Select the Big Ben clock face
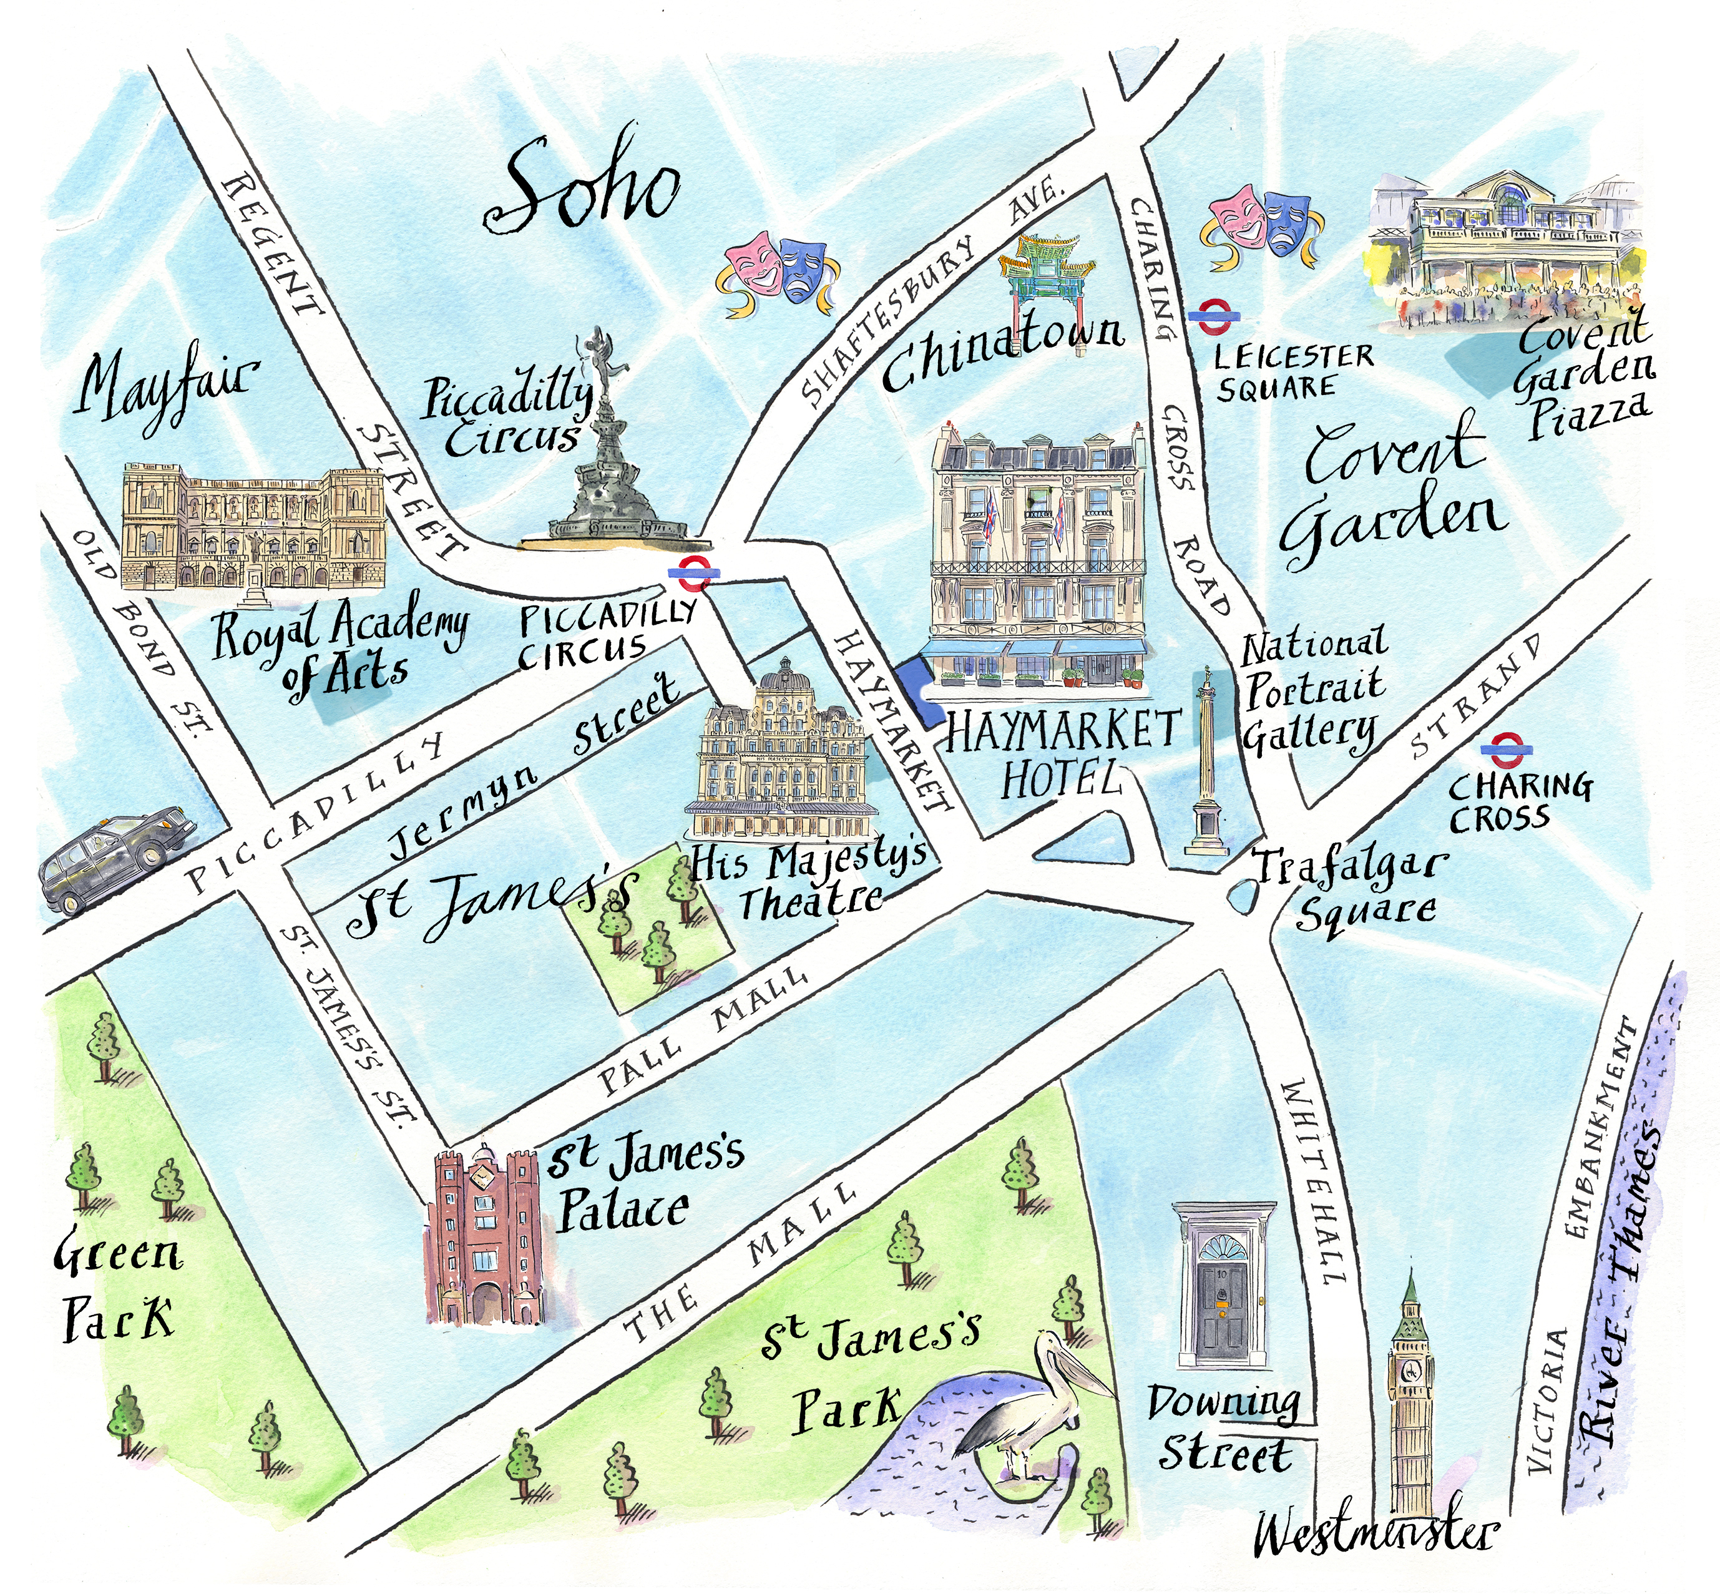[1411, 1371]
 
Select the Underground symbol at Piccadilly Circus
[695, 573]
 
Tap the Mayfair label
[164, 388]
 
